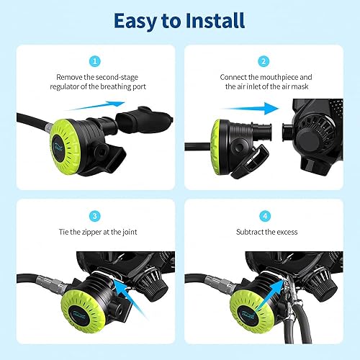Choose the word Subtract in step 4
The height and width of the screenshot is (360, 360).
(251, 233)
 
